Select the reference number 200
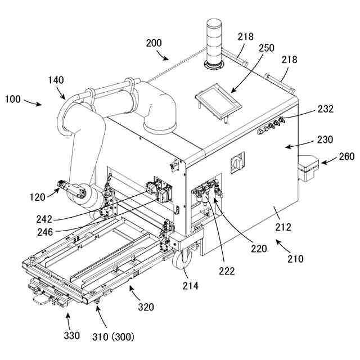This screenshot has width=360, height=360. coord(154,43)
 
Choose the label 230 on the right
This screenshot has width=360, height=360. coord(326,139)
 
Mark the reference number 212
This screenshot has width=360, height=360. coord(283,227)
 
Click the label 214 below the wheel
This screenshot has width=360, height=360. coord(191,286)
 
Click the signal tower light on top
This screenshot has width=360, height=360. coord(214,42)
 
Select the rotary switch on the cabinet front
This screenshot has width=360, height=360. coord(237,164)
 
